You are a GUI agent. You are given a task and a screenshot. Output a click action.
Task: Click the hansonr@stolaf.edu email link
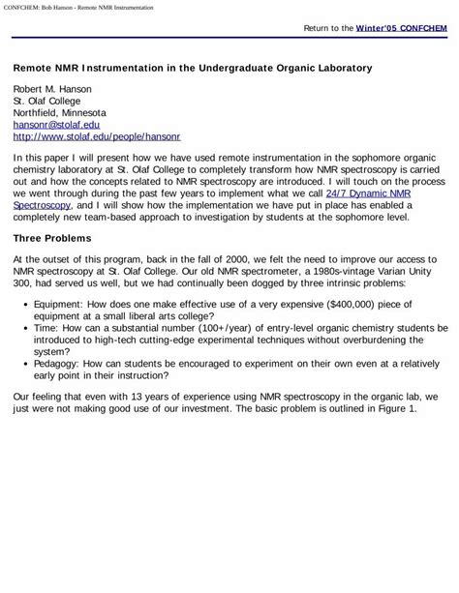56,125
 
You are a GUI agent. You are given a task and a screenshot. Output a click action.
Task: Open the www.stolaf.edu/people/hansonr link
96,137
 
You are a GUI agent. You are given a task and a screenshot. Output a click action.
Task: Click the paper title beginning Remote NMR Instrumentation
191,69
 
